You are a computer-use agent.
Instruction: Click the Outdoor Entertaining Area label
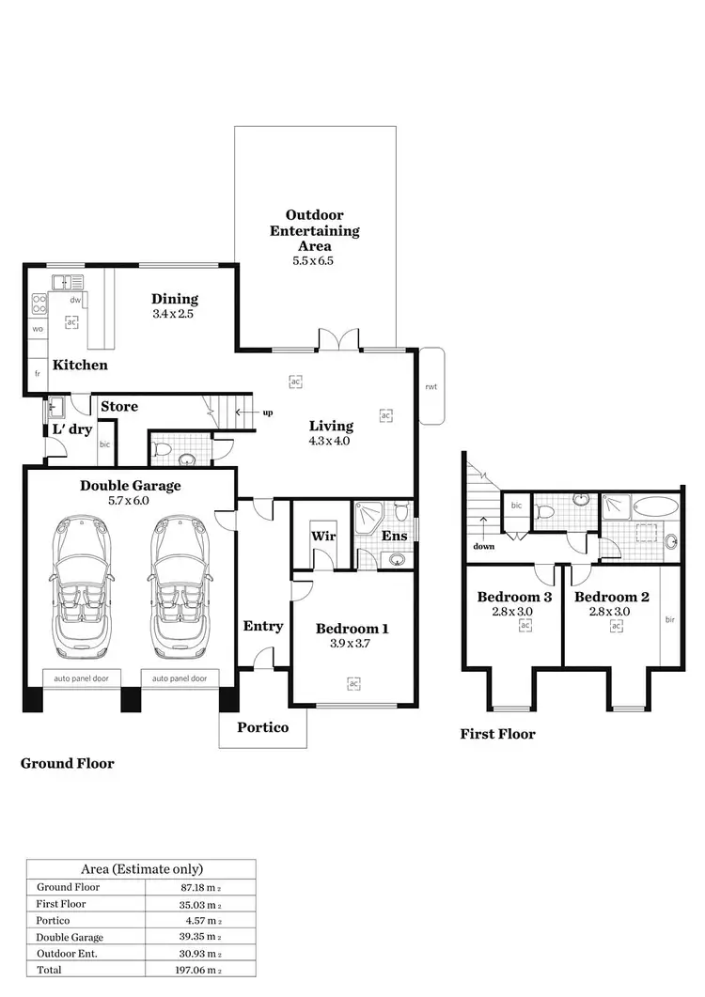pyautogui.click(x=314, y=230)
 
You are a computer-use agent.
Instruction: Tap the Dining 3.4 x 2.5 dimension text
pyautogui.click(x=175, y=315)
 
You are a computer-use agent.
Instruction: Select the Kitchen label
pyautogui.click(x=80, y=365)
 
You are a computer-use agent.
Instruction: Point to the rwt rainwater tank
pyautogui.click(x=431, y=386)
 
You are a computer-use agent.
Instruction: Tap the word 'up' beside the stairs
pyautogui.click(x=268, y=412)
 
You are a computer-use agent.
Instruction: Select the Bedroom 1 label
pyautogui.click(x=352, y=629)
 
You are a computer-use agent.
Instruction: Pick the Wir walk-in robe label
pyautogui.click(x=322, y=537)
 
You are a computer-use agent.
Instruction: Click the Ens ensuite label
pyautogui.click(x=394, y=536)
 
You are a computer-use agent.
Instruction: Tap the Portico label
pyautogui.click(x=262, y=726)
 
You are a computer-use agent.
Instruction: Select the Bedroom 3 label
pyautogui.click(x=513, y=597)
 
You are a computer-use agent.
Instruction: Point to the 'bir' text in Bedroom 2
pyautogui.click(x=668, y=619)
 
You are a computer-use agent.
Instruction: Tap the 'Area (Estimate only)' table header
pyautogui.click(x=140, y=869)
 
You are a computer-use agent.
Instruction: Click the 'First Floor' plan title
pyautogui.click(x=497, y=734)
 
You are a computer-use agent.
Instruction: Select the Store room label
pyautogui.click(x=119, y=406)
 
